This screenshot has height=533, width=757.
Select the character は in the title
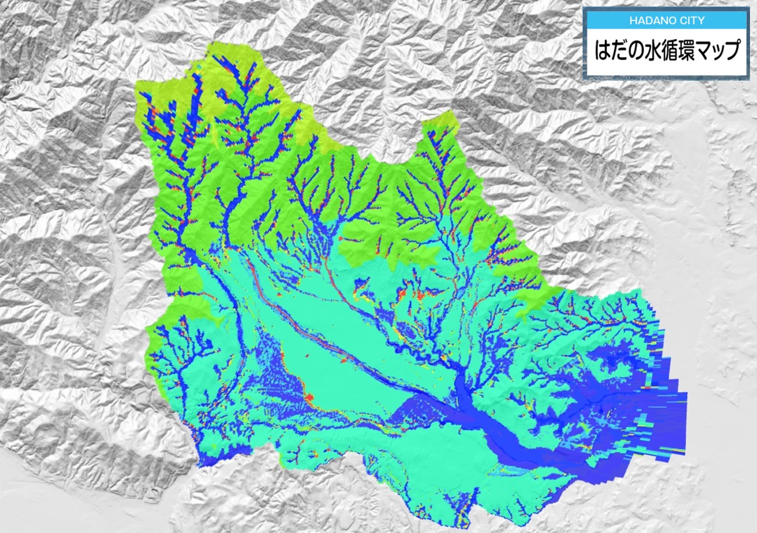pos(603,51)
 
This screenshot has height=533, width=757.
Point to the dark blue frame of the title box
pos(585,45)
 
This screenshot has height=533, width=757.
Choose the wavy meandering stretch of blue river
pos(401,346)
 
